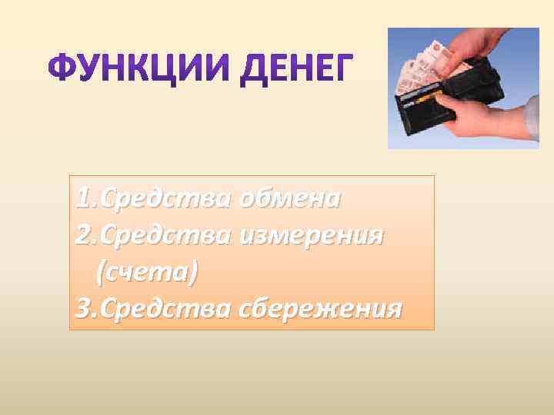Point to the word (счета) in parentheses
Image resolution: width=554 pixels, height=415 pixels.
pos(147,271)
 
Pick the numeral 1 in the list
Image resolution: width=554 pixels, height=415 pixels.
pos(83,199)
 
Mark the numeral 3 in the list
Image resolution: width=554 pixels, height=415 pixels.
pos(84,309)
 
